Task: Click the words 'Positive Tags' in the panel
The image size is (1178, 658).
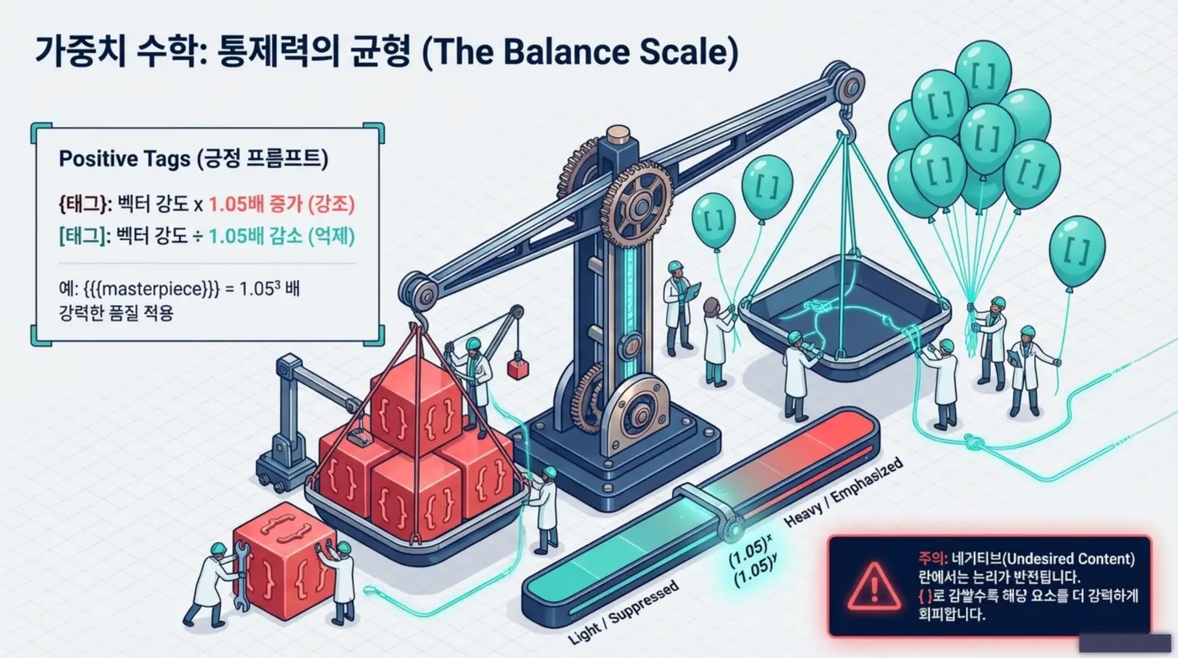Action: [124, 159]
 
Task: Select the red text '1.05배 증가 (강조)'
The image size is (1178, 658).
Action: [282, 204]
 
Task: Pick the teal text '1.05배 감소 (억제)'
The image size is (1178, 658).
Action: [282, 237]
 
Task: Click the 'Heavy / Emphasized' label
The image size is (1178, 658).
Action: [844, 491]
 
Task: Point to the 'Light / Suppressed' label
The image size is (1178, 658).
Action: [624, 612]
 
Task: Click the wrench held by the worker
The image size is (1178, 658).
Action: [241, 576]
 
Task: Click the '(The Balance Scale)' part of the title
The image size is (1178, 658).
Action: [580, 52]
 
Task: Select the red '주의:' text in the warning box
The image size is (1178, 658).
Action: [933, 558]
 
